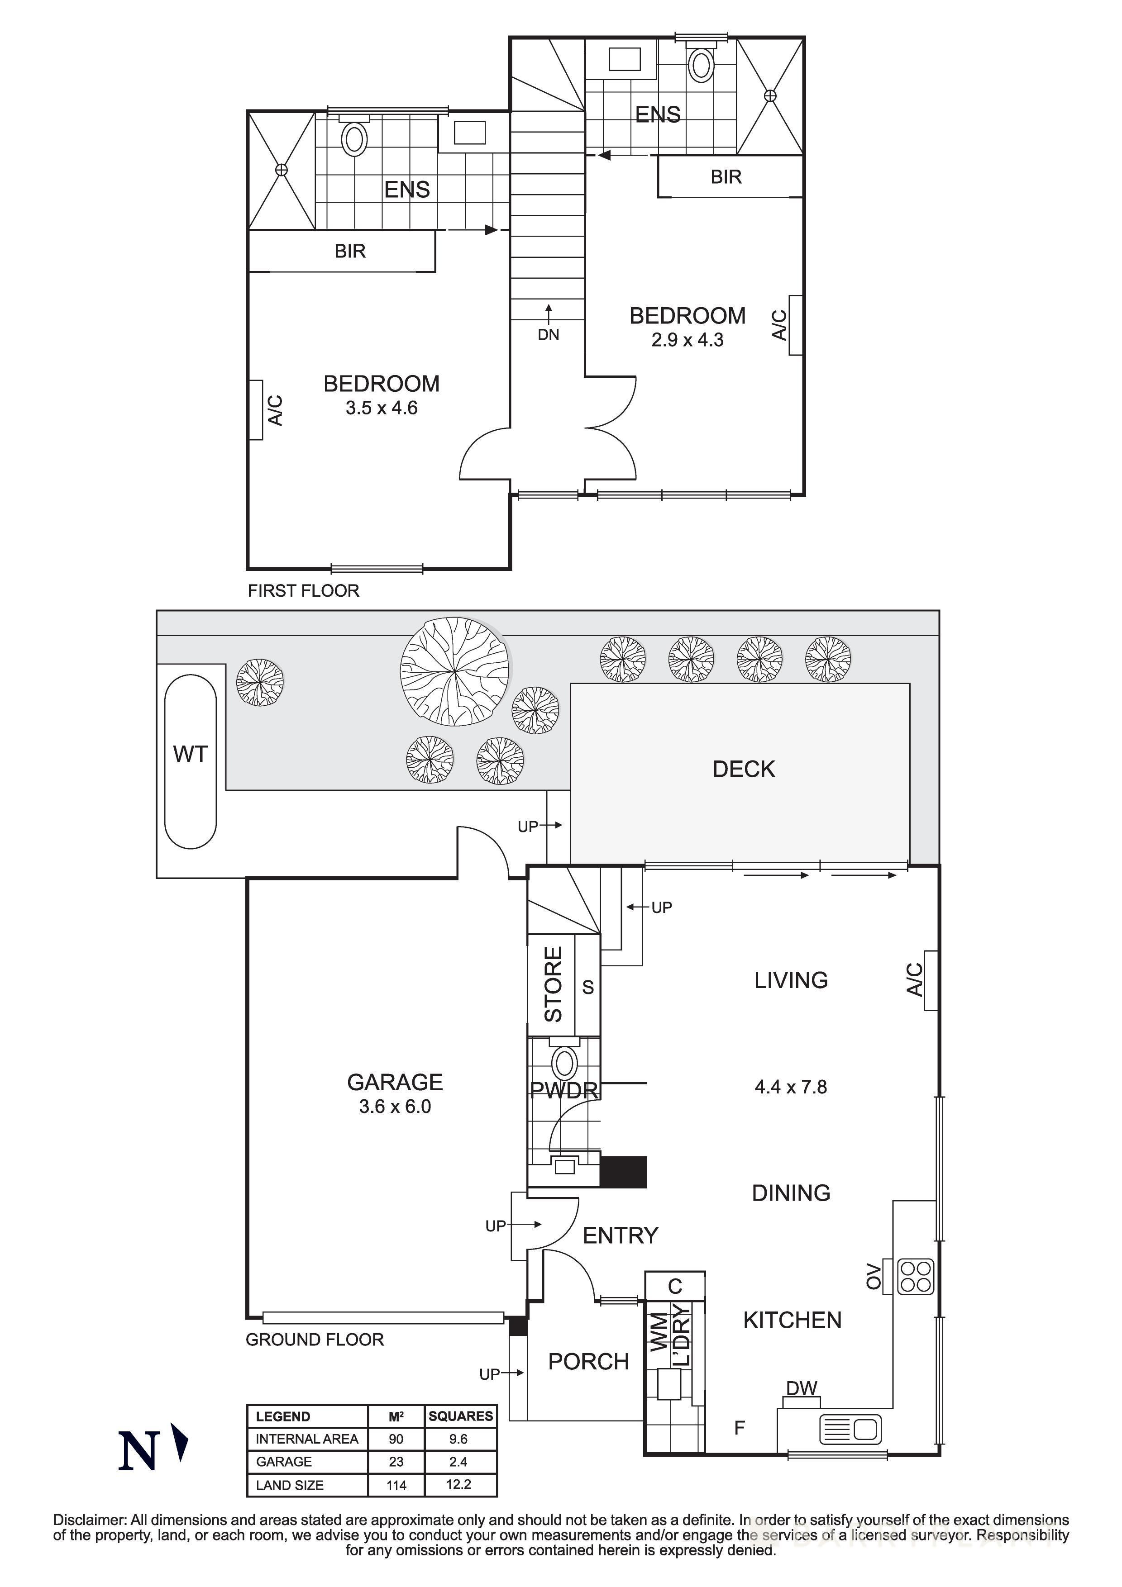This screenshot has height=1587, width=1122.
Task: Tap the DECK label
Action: click(743, 770)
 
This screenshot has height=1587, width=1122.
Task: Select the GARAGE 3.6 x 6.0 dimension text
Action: click(395, 1107)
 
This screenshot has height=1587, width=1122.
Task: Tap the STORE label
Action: click(554, 984)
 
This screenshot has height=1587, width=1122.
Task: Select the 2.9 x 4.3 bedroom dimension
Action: click(687, 340)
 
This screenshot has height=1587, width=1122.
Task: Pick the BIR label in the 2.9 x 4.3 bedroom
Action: click(726, 177)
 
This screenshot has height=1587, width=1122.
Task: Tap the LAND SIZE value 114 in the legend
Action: click(396, 1485)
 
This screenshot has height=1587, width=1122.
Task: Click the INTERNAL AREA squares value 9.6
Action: click(458, 1439)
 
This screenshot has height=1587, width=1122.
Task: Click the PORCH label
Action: click(588, 1362)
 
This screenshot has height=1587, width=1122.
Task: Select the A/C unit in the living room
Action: click(931, 980)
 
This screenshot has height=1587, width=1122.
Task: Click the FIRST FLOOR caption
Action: click(304, 591)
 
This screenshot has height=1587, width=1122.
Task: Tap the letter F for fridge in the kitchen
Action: click(739, 1428)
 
